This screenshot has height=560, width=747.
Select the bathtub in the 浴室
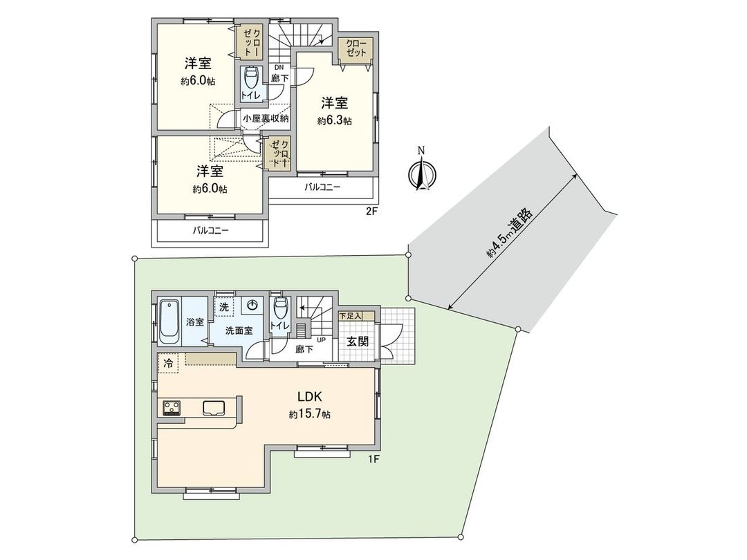click(x=169, y=321)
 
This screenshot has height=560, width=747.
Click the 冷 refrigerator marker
click(x=169, y=362)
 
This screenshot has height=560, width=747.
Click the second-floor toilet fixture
click(x=251, y=75)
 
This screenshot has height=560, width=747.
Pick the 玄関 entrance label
click(x=357, y=342)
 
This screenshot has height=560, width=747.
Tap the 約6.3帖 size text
click(x=335, y=121)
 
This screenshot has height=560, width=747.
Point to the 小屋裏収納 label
click(x=266, y=119)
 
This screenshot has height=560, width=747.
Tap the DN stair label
click(x=279, y=67)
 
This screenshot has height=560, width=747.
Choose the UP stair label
click(x=321, y=340)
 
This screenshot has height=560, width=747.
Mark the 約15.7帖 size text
click(x=310, y=415)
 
